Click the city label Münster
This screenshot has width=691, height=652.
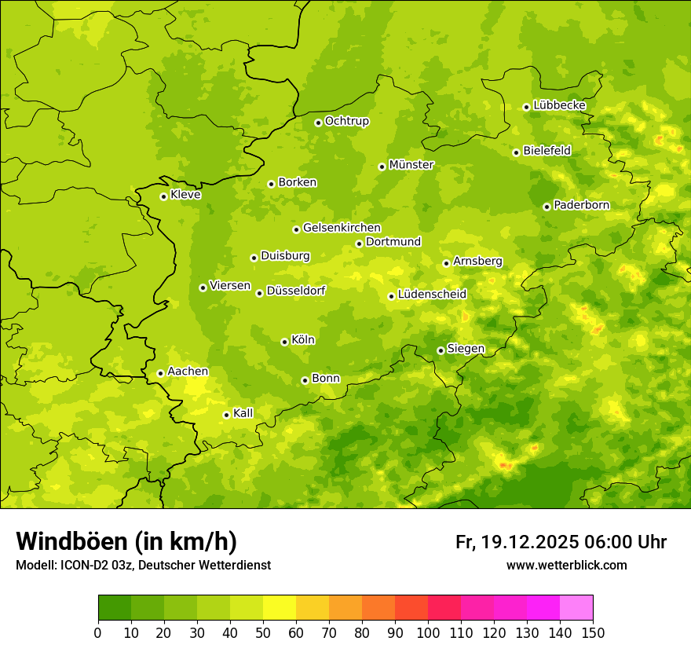[x=411, y=165]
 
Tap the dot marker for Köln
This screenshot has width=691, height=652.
[x=284, y=342]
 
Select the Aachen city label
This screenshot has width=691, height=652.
[x=188, y=372]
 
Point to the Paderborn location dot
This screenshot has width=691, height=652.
[x=547, y=207]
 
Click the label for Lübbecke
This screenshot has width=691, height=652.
[x=559, y=105]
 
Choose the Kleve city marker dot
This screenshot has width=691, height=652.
[x=163, y=196]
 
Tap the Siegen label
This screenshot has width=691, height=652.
[x=466, y=349]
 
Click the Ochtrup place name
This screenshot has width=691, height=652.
[x=346, y=121]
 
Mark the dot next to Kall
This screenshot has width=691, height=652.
[x=226, y=415]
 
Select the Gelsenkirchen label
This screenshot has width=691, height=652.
[x=342, y=228]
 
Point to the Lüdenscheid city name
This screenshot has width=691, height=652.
[x=432, y=295]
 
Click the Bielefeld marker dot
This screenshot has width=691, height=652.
[x=516, y=152]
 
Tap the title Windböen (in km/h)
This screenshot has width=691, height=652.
[x=126, y=541]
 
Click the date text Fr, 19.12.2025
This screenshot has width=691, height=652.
[x=517, y=542]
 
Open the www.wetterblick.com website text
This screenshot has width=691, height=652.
[x=566, y=565]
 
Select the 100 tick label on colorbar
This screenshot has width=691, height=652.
[x=428, y=633]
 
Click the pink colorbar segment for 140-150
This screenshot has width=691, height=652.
[x=576, y=608]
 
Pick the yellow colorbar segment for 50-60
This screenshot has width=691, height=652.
[x=280, y=608]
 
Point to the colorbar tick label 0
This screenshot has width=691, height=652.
[x=98, y=633]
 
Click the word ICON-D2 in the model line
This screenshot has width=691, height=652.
[x=79, y=565]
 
